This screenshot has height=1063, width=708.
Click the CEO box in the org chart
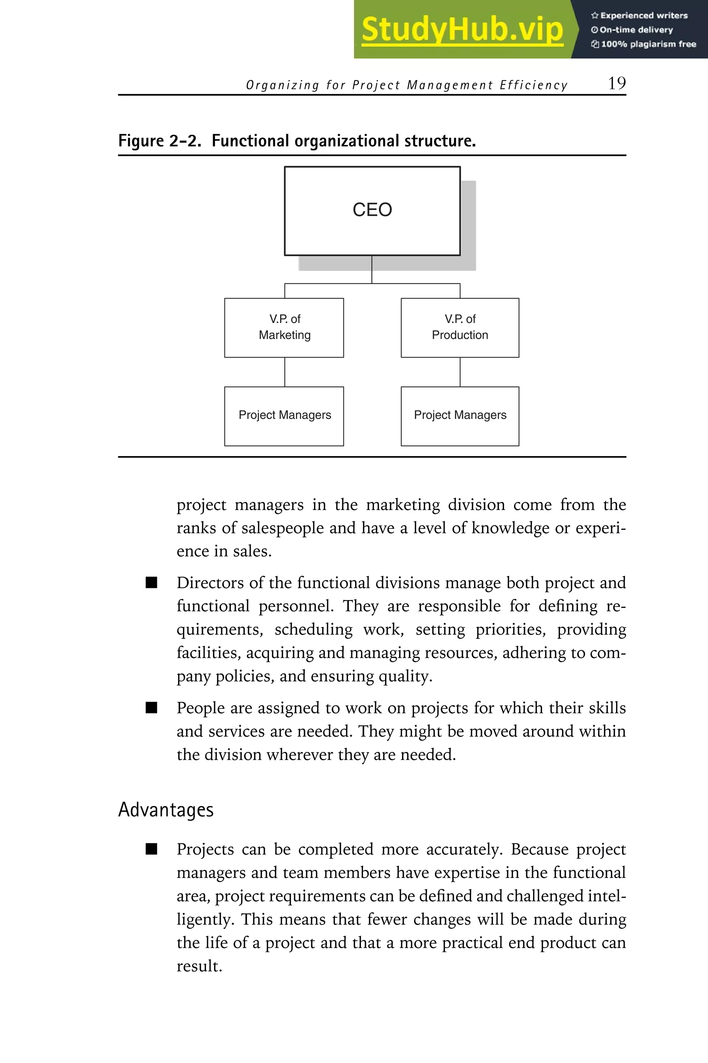coord(372,211)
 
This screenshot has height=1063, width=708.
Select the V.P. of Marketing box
coord(284,327)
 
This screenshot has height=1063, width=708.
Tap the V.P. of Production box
coord(460,327)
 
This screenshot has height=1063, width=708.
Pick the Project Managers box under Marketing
coord(284,416)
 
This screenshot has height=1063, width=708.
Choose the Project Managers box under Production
coord(460,416)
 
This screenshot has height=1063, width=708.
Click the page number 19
coord(616,84)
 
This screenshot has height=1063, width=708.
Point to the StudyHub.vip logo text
coord(462,30)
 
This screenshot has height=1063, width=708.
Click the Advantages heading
coord(166,809)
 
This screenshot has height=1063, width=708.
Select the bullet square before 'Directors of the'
coord(152,583)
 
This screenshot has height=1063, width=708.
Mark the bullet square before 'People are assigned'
coord(152,708)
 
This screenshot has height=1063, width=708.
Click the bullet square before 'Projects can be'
coord(152,849)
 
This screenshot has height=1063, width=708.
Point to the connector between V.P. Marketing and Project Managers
coord(285,372)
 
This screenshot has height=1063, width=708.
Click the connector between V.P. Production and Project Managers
coord(460,372)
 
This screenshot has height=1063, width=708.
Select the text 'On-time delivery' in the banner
coord(636,30)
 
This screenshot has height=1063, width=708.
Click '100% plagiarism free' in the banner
coord(648,44)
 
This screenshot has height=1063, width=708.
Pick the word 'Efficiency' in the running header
coord(533,85)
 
